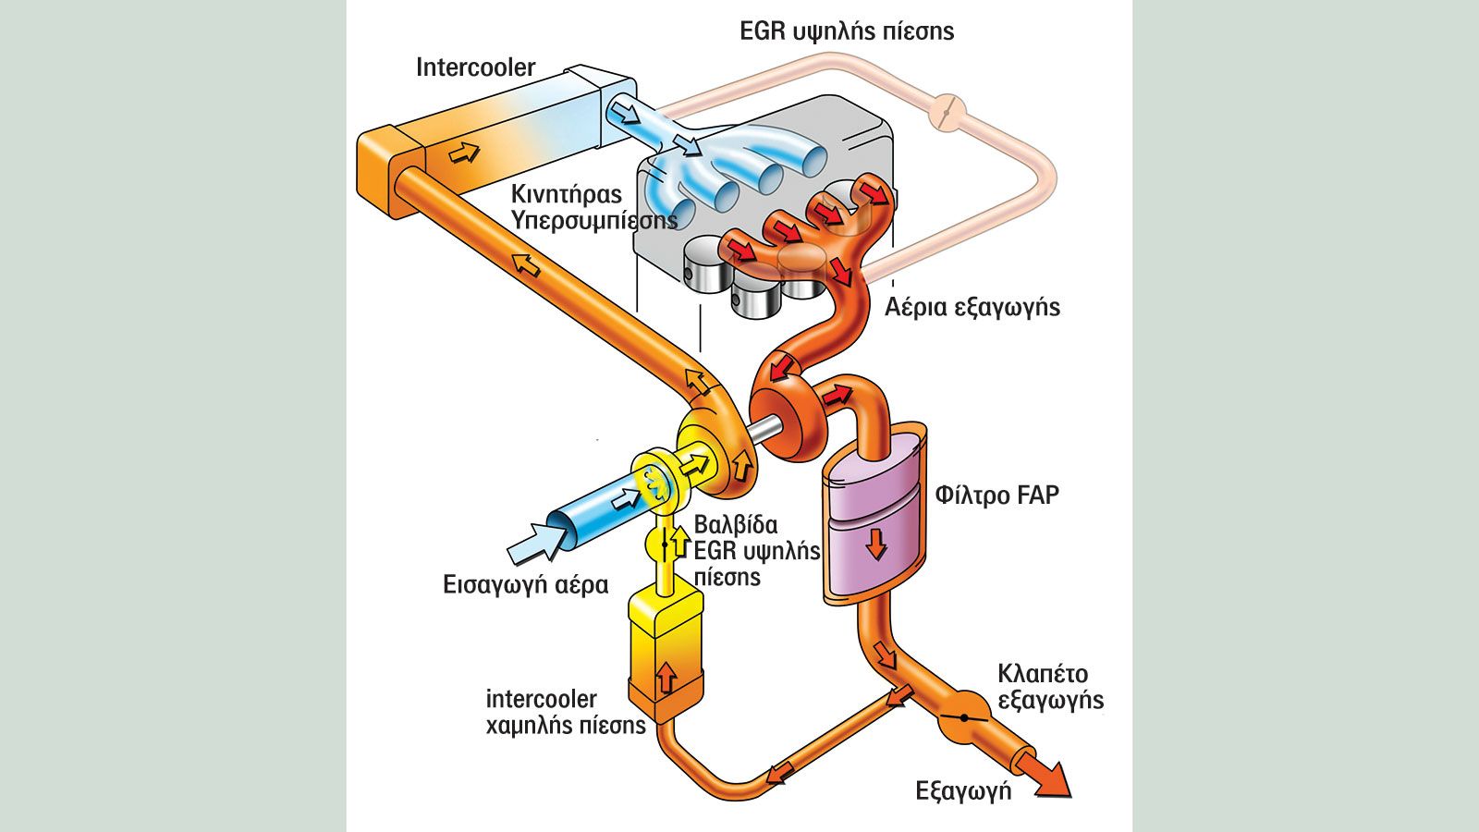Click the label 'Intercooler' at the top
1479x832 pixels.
[475, 67]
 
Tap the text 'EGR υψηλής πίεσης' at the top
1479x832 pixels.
[847, 31]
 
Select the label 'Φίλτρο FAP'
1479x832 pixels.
[997, 495]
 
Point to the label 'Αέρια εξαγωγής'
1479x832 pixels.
[972, 307]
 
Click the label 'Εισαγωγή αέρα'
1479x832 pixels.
[526, 585]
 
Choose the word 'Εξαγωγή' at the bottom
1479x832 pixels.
[963, 791]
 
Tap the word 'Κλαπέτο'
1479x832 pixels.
[1043, 674]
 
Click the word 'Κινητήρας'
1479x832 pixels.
[567, 194]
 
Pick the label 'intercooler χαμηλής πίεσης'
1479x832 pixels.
[565, 712]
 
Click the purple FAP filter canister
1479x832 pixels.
[874, 515]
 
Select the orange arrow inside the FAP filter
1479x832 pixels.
[876, 544]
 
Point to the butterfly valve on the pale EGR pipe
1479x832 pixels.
[947, 112]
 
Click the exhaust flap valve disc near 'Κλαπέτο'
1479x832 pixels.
[963, 717]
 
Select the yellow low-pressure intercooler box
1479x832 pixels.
[665, 655]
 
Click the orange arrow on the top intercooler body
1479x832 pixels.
[463, 153]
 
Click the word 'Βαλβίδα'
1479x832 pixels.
[736, 525]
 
